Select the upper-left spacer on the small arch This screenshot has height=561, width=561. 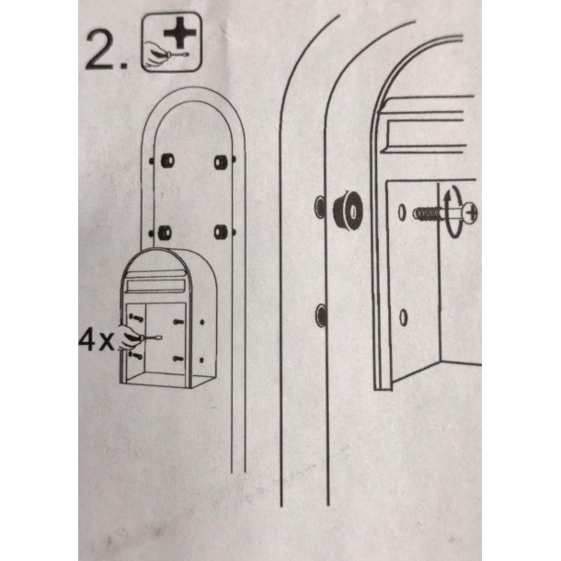click(x=167, y=161)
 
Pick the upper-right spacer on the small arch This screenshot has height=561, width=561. click(x=221, y=162)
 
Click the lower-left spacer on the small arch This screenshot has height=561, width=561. click(x=165, y=233)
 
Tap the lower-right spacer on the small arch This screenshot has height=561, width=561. click(x=220, y=233)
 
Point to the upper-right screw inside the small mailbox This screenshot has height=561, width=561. click(x=178, y=322)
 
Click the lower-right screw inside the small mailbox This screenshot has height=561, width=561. click(x=178, y=359)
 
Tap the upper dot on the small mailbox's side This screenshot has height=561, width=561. click(x=202, y=323)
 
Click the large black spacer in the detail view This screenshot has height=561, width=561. click(x=348, y=211)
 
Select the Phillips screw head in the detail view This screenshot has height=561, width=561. click(x=471, y=212)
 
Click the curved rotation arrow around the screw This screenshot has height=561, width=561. click(x=452, y=212)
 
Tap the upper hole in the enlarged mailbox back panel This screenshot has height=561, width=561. click(x=402, y=212)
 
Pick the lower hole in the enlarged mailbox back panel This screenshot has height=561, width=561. click(x=403, y=317)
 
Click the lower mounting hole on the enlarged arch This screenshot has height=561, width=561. click(x=321, y=315)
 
